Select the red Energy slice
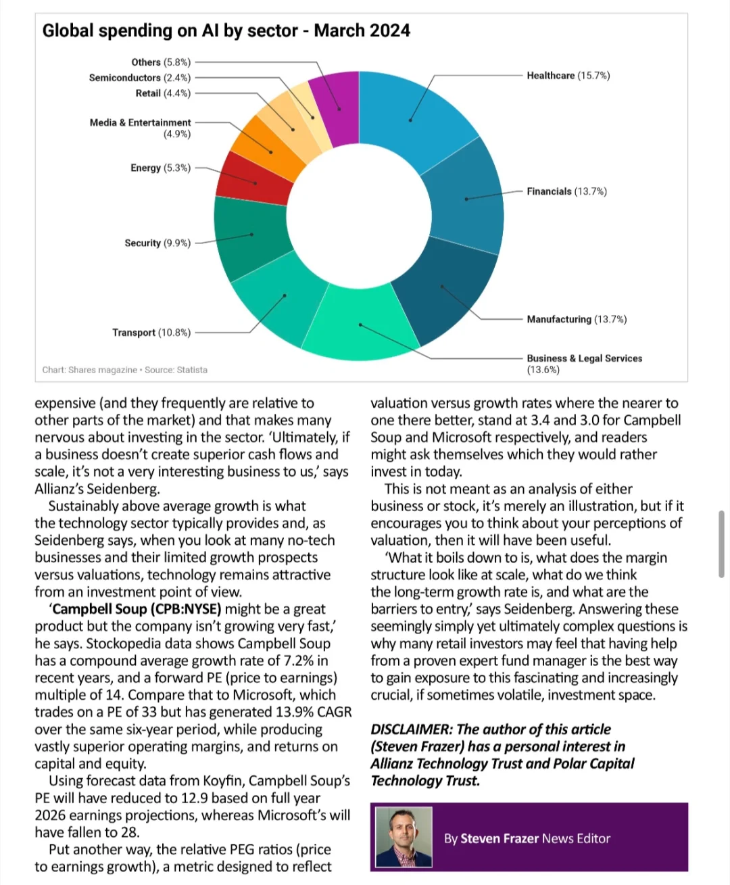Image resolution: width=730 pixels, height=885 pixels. (x=254, y=180)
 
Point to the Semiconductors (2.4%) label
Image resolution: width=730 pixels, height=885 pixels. (x=140, y=78)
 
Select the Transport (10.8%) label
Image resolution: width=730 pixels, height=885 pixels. (x=151, y=333)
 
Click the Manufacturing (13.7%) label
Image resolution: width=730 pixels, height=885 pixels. (x=577, y=319)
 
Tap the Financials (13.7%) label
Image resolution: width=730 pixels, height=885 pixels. (x=567, y=191)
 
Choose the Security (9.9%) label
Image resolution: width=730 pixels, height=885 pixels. (x=157, y=243)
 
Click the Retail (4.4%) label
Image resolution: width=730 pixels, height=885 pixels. (x=163, y=93)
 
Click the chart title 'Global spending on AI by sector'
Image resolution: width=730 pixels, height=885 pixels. (x=170, y=31)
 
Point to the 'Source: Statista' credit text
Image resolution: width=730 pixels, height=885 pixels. (x=176, y=370)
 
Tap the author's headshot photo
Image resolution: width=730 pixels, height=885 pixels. (x=404, y=837)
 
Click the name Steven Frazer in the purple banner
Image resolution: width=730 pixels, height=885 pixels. (x=500, y=838)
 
